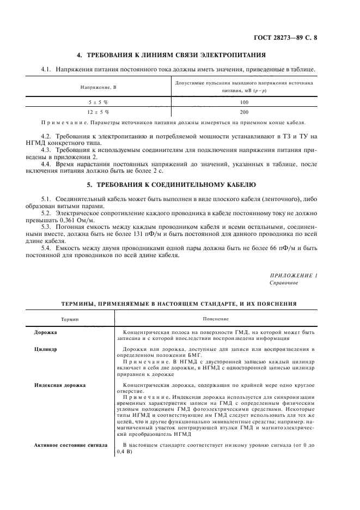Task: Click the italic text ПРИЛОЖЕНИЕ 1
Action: coord(294,275)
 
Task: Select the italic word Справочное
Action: coord(284,283)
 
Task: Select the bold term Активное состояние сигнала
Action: coord(71,445)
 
